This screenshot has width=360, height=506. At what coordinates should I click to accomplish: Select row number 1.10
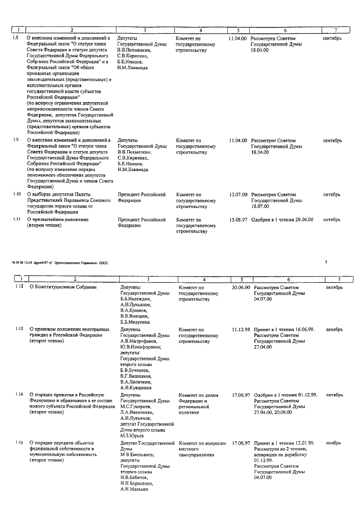17,193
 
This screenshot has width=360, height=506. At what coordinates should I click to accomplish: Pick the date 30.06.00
240,287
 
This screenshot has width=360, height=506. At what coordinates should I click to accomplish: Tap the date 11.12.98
240,329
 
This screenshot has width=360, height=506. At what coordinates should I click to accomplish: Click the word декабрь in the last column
334,329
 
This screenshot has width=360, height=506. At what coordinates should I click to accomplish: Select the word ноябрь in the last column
334,443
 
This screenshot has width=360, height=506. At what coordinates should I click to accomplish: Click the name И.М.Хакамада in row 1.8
133,67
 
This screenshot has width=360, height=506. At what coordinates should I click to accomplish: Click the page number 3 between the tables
326,261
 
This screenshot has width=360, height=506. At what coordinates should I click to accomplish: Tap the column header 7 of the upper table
335,30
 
